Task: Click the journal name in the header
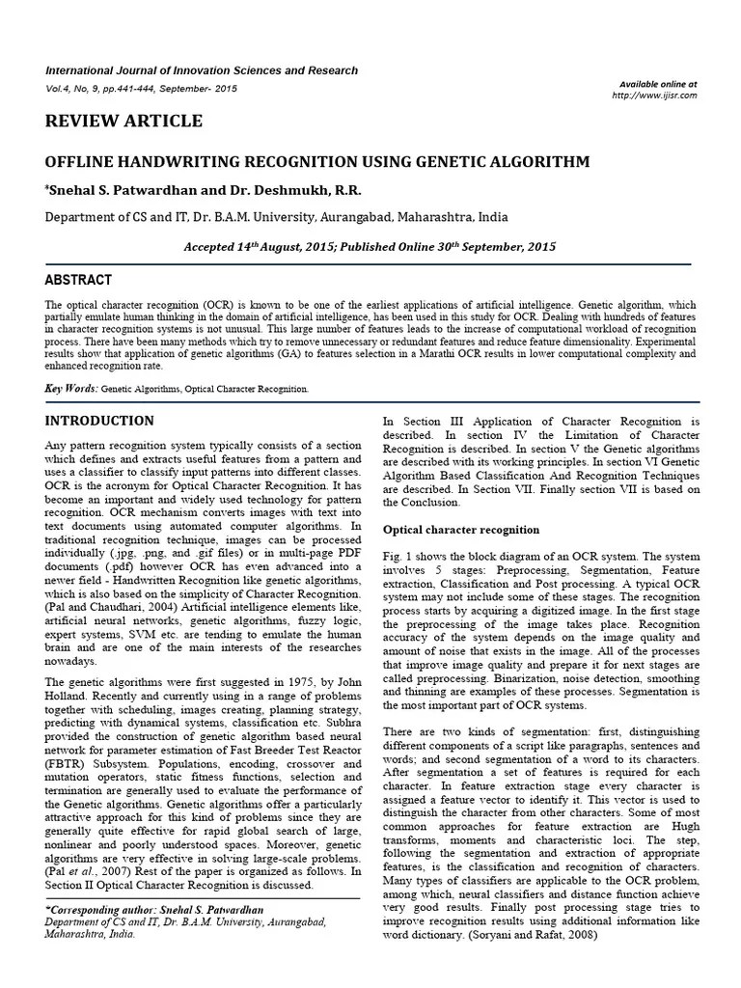(x=203, y=70)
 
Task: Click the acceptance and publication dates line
(x=370, y=247)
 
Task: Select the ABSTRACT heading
(x=79, y=280)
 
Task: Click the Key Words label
(x=71, y=388)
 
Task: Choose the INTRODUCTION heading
(x=100, y=421)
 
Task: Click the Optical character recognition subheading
(x=461, y=530)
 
